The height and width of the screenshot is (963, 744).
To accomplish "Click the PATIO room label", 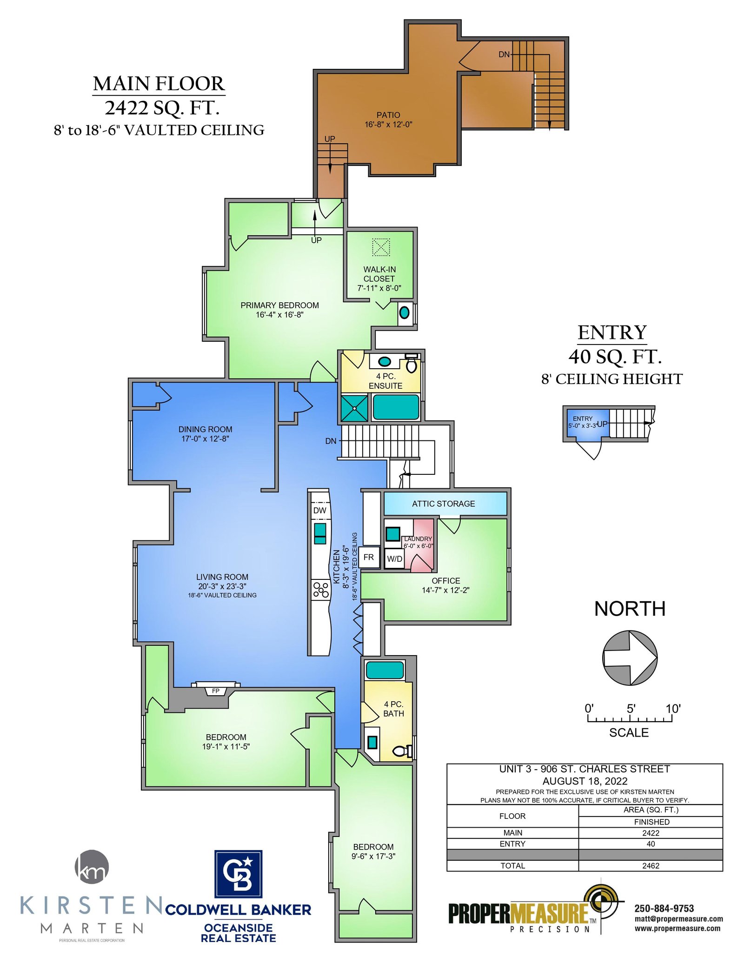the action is click(x=388, y=115).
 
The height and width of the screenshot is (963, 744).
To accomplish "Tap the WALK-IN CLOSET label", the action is click(x=379, y=274).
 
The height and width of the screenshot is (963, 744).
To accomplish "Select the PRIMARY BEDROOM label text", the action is click(x=279, y=305).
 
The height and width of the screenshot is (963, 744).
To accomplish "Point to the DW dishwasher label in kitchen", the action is click(x=320, y=510).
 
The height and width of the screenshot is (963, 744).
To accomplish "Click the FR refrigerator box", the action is click(x=369, y=557).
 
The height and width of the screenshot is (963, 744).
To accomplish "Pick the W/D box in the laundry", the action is click(x=395, y=559).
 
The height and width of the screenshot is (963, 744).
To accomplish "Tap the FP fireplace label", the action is click(x=216, y=691).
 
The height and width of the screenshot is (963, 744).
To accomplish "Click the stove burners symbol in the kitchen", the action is click(x=321, y=590).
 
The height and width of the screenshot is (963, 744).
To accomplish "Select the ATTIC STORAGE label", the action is click(x=444, y=504).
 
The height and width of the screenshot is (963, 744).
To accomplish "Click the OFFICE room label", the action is click(x=446, y=581).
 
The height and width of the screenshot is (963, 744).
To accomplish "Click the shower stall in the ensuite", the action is click(x=354, y=408).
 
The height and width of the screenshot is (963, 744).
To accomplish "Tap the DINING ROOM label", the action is click(x=205, y=429).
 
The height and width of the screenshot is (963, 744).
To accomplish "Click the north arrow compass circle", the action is click(x=630, y=657).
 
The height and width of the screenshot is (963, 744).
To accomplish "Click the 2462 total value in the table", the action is click(x=651, y=866).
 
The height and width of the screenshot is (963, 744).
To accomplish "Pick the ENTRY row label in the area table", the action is click(x=512, y=843).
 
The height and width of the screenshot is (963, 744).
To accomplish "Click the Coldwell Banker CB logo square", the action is click(x=238, y=874).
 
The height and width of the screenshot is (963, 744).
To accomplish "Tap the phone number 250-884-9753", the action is click(x=664, y=909).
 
